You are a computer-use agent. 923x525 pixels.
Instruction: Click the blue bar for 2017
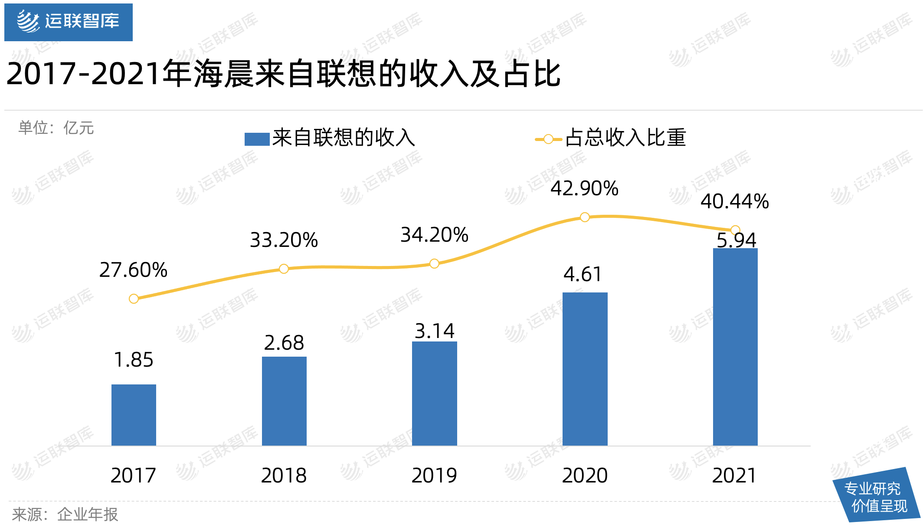134,415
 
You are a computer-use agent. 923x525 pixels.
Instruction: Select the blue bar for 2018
284,401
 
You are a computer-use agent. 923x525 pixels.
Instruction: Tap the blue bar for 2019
434,394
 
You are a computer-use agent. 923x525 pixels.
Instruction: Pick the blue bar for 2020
585,369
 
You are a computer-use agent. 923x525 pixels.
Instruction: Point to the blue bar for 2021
735,347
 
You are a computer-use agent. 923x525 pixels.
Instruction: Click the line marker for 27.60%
134,299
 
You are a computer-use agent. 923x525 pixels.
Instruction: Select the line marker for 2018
284,269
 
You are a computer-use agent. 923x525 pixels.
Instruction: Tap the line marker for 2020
585,217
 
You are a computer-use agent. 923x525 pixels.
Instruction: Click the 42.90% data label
584,189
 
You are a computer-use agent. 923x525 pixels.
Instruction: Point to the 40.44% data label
735,202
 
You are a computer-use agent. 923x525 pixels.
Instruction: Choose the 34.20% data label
434,235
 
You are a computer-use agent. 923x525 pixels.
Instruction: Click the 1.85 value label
134,360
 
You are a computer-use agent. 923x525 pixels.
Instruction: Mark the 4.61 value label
583,275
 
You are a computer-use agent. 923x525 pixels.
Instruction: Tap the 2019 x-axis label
434,476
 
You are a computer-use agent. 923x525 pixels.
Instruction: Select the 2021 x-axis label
734,476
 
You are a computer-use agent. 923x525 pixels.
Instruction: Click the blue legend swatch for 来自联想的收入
257,139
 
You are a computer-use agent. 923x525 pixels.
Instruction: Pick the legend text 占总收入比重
625,138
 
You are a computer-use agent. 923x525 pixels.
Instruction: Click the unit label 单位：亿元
56,128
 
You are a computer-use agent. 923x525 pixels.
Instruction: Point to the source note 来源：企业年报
65,515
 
